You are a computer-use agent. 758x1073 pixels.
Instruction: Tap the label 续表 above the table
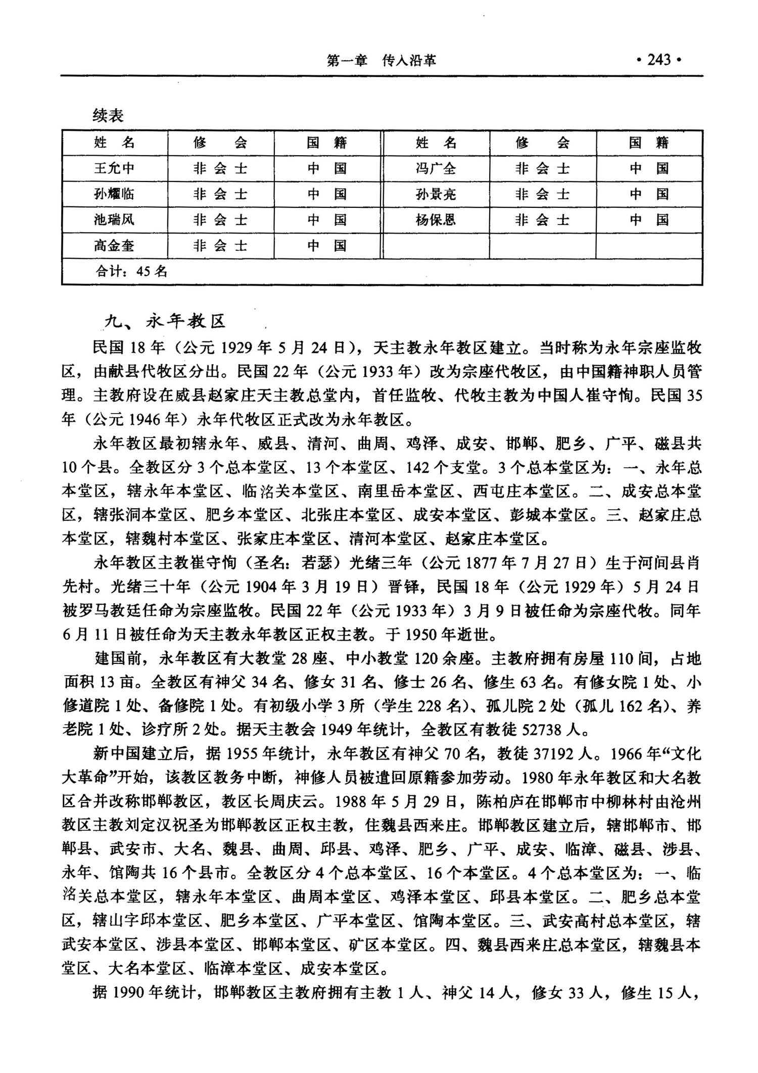108,116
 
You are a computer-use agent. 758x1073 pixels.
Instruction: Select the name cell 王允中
114,168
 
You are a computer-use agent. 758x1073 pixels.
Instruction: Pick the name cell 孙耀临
114,194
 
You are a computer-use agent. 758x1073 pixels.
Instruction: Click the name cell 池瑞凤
114,220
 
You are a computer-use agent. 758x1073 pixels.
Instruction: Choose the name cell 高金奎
114,246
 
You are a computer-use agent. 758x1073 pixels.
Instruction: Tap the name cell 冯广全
436,168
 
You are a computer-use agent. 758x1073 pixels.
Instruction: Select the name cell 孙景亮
436,194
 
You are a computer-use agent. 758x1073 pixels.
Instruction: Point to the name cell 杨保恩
436,220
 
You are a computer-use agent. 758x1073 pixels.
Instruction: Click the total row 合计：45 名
131,272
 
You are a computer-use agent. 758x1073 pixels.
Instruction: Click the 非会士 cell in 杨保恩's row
542,220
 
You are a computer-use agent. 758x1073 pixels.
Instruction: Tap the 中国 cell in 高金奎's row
327,246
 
